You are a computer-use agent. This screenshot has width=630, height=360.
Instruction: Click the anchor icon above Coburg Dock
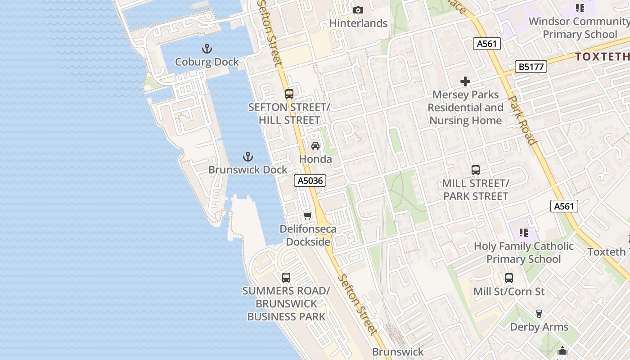[207, 48]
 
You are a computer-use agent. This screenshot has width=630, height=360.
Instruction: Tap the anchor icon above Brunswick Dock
[247, 157]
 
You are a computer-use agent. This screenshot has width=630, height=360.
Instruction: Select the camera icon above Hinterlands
[358, 10]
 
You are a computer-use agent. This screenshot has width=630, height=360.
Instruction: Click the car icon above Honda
[315, 146]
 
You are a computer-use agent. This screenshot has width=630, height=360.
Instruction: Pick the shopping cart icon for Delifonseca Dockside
[308, 216]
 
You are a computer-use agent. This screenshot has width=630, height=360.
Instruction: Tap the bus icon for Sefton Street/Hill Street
[289, 94]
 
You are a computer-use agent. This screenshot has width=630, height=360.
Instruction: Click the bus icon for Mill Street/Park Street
[476, 170]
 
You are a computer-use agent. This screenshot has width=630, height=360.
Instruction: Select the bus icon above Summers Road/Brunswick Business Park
[286, 278]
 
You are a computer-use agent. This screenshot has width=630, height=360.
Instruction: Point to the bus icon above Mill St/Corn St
[509, 278]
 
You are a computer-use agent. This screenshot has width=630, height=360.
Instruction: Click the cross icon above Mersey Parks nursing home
[465, 81]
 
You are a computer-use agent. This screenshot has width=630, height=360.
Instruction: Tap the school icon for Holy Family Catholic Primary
[524, 233]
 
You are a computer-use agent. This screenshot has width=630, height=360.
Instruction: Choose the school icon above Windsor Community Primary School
[580, 8]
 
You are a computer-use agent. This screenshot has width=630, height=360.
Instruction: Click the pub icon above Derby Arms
[539, 314]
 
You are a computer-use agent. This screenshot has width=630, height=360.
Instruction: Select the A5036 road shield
[310, 181]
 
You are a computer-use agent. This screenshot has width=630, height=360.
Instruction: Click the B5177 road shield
[531, 67]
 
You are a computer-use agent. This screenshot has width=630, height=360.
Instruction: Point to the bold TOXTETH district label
[602, 56]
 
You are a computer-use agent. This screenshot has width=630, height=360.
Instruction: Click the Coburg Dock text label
[207, 62]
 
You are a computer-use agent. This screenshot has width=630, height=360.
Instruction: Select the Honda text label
[315, 159]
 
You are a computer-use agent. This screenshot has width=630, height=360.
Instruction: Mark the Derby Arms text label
[539, 327]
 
